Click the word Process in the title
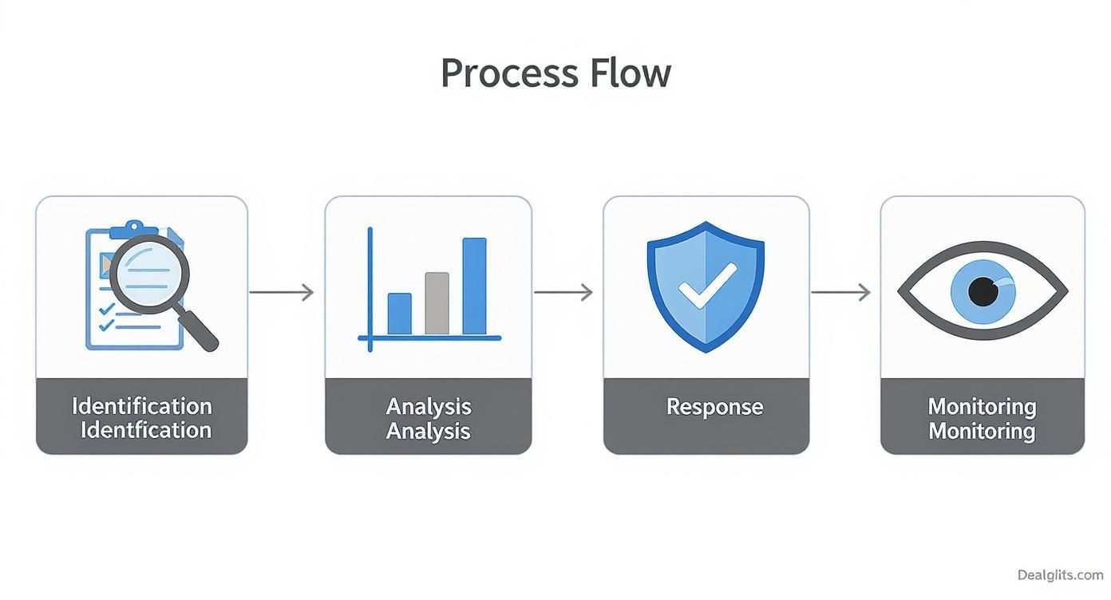coord(510,73)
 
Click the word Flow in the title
coord(631,73)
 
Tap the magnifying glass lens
coord(149,274)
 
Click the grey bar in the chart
coord(437,303)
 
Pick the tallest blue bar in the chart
coord(475,286)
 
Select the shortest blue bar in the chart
coord(399,314)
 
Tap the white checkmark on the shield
coord(707,286)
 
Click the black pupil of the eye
coord(983,292)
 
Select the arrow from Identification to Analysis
coord(281,292)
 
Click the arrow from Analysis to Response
coord(563,292)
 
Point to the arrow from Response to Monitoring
coord(840,292)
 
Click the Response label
coord(714,407)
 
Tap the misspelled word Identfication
coord(146,430)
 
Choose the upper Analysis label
coord(429,407)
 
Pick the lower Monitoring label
coord(982,431)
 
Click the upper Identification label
coord(142,406)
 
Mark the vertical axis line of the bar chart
coord(370,290)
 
